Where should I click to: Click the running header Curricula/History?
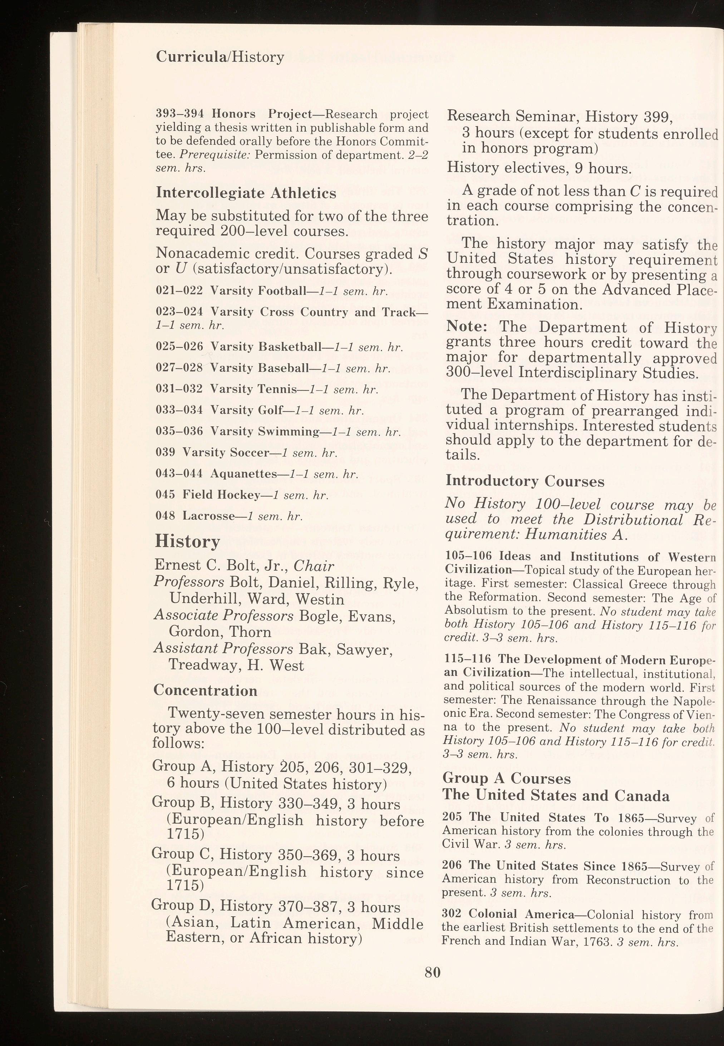[x=220, y=57]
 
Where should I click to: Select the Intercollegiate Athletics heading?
[x=246, y=193]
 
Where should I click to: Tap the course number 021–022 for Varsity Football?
[x=179, y=291]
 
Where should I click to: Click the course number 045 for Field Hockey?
[x=165, y=495]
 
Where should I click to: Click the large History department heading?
[x=187, y=541]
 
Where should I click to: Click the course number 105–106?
[x=468, y=556]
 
